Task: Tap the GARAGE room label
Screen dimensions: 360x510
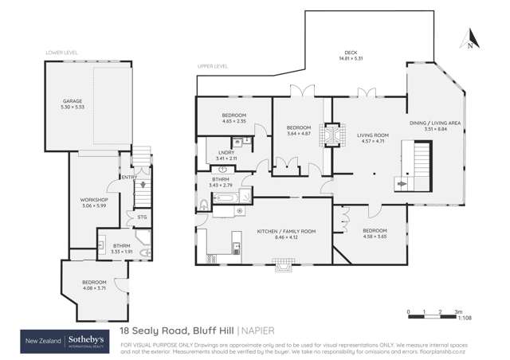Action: (73, 101)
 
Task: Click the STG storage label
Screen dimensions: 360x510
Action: (142, 217)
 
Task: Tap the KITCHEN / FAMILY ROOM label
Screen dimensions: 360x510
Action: (276, 231)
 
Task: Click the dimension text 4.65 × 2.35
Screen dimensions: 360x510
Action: (234, 122)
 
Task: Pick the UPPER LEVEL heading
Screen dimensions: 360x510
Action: (212, 68)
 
